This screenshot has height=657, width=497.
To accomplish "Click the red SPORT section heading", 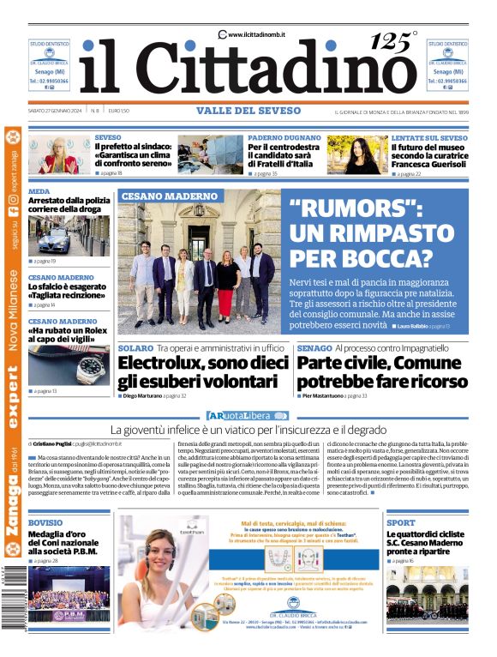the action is pos(401,522).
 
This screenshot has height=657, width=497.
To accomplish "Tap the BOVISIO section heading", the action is pos(45,522).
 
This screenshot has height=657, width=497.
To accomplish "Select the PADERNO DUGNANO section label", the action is pos(284,137).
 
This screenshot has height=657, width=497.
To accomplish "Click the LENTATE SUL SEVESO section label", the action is pos(429,137).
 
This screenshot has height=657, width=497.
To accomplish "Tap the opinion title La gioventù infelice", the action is pos(248,428).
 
